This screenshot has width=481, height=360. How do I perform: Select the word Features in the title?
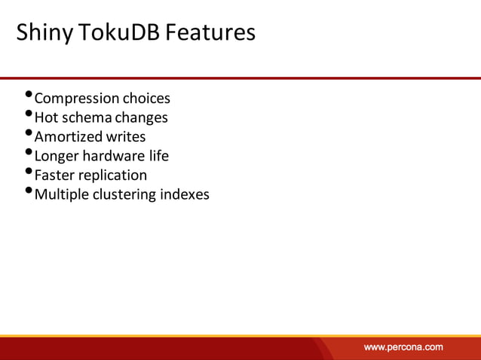click(x=210, y=33)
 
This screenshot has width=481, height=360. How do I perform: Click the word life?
click(x=158, y=156)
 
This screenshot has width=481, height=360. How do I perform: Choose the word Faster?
click(x=55, y=175)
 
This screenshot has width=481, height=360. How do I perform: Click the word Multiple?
click(x=62, y=194)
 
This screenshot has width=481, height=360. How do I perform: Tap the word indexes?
click(x=185, y=194)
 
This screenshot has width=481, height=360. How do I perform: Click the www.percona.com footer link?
click(x=403, y=347)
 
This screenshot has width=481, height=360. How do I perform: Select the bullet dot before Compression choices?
click(x=29, y=96)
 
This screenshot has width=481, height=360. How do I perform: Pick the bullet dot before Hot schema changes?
click(x=29, y=114)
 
